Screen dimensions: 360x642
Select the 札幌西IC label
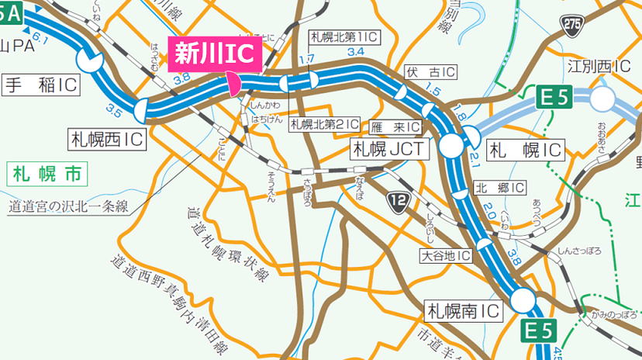tap(108, 140)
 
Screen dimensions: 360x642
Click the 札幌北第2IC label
tap(325, 123)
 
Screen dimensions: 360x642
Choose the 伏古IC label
tap(430, 72)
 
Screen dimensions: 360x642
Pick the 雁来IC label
tap(395, 126)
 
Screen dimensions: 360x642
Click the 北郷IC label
tap(500, 188)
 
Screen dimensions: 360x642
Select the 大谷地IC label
tap(447, 255)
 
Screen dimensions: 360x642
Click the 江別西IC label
tap(598, 66)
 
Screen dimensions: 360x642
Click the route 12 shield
tap(398, 203)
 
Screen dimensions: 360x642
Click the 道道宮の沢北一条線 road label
tap(67, 207)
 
